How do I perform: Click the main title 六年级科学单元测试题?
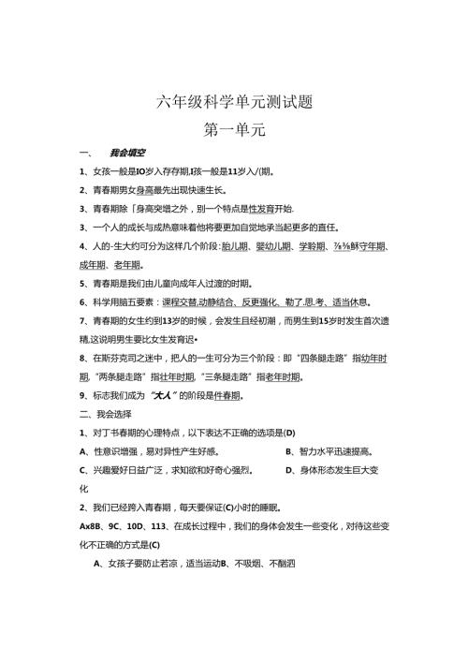tap(233, 102)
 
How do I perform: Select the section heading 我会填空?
tap(126, 153)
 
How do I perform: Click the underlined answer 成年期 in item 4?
tap(95, 265)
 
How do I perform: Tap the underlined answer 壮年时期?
tap(173, 376)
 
